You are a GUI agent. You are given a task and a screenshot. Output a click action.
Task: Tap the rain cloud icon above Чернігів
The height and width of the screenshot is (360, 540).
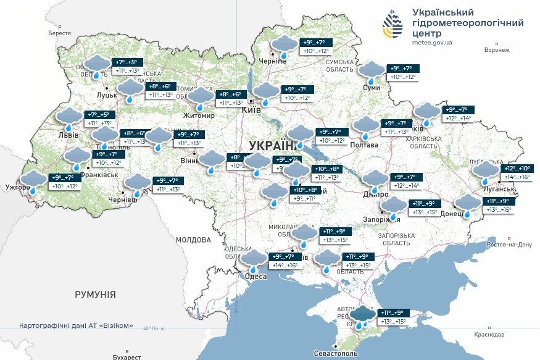284,45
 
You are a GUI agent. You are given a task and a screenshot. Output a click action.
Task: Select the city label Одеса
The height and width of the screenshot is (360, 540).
256,276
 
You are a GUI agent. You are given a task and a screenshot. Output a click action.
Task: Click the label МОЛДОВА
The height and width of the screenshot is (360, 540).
193,240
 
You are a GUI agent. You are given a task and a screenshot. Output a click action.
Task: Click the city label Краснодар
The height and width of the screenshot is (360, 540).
490,334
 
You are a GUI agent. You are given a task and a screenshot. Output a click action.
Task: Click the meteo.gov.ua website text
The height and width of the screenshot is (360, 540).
431,43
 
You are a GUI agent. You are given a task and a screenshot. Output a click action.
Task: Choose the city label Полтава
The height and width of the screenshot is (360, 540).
364,145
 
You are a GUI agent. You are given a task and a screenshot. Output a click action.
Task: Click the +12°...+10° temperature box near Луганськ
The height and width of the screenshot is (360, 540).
517,169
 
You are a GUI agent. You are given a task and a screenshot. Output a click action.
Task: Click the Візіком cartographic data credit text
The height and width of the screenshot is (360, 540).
76,325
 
